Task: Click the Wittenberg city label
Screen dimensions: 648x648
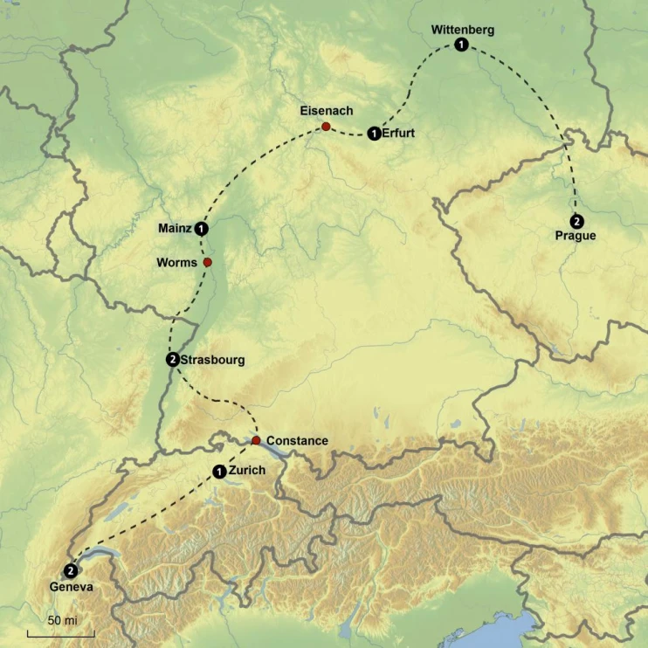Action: [462, 30]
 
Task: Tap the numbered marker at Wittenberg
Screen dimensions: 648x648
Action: [460, 45]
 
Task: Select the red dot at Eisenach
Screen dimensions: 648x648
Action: [326, 128]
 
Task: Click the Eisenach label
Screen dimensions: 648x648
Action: [326, 111]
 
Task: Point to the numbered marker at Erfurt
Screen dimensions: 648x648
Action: [374, 134]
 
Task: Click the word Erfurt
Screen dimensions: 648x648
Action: [398, 134]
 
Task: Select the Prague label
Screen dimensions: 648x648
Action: [576, 236]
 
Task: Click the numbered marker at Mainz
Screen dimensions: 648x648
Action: [202, 229]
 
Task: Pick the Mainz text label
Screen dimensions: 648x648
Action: [175, 229]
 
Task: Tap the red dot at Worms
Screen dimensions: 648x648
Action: [207, 262]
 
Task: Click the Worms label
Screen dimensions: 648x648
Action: [177, 262]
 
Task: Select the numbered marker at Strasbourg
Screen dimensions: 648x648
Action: [172, 359]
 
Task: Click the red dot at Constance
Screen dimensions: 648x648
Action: [256, 440]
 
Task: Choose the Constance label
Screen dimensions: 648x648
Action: [297, 441]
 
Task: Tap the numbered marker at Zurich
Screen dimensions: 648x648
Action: [218, 472]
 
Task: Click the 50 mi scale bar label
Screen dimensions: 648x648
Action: [60, 620]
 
